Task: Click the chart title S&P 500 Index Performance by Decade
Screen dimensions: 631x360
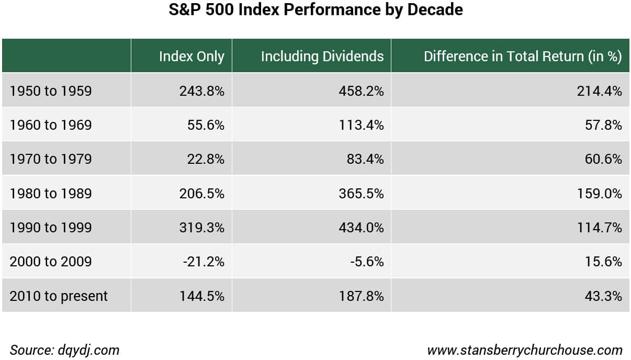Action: pos(315,10)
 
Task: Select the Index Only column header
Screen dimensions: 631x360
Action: pos(191,57)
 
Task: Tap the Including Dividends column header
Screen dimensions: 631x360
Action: pos(322,57)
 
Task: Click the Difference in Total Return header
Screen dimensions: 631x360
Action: pos(523,57)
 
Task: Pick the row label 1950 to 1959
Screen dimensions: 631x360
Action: pos(51,91)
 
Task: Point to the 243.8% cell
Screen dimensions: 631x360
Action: pos(201,91)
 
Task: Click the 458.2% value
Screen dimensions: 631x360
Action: pos(361,91)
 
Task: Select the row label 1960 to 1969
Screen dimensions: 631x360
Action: pos(51,125)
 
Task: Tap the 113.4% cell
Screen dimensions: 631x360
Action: pos(361,125)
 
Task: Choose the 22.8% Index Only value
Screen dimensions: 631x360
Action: pos(206,159)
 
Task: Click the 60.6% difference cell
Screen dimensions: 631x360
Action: pos(603,159)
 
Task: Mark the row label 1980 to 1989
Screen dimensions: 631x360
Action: pos(51,194)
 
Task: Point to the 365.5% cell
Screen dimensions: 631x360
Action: pos(361,194)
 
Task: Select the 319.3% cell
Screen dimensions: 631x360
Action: pos(201,228)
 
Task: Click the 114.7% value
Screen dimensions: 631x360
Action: pos(600,228)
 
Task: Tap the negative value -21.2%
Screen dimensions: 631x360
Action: pos(204,262)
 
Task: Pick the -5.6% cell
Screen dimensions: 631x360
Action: pos(367,262)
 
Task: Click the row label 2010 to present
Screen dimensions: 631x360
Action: pos(59,296)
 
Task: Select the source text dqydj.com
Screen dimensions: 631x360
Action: pos(88,351)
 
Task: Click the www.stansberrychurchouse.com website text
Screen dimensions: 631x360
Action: pos(524,351)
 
